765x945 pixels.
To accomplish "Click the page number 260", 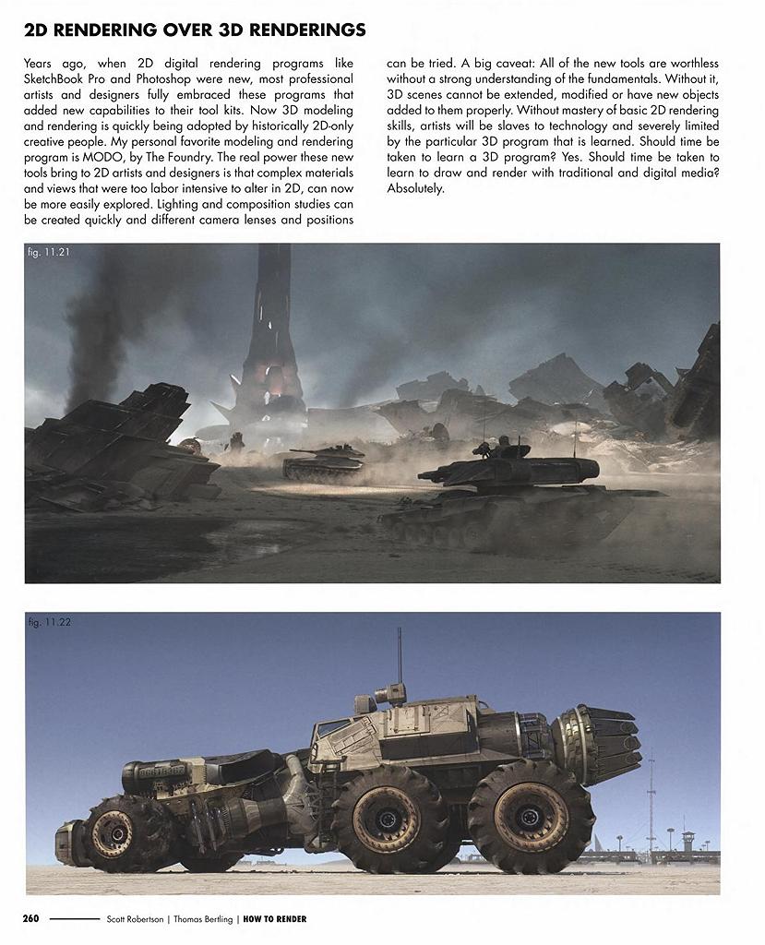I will (x=30, y=919).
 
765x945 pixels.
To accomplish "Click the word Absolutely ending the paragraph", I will (x=415, y=187).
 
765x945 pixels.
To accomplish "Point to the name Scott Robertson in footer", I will (x=137, y=919).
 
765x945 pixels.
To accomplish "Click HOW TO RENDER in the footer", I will (x=275, y=919).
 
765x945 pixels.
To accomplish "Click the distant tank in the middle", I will (x=322, y=461).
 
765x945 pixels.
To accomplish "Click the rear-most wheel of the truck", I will (x=531, y=817).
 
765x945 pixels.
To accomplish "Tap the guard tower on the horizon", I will (x=687, y=841).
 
